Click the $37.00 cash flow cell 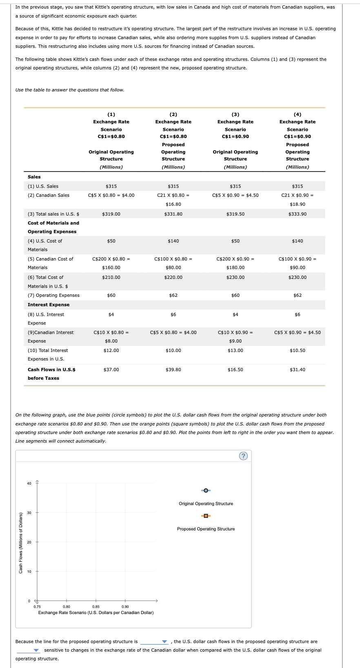(x=111, y=370)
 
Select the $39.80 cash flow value (x=173, y=370)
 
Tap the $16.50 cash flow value (x=235, y=370)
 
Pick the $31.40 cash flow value (x=297, y=370)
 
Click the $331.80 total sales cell (x=173, y=214)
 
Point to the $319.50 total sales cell (x=235, y=214)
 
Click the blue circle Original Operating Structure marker (x=206, y=490)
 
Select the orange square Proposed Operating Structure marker (x=206, y=516)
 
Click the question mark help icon (x=243, y=456)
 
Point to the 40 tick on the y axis (x=29, y=483)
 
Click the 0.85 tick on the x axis (x=96, y=607)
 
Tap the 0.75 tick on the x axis (x=37, y=607)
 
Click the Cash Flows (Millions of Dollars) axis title (x=21, y=542)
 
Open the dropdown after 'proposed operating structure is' (x=154, y=641)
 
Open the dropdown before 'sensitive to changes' (x=28, y=650)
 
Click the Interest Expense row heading (x=49, y=305)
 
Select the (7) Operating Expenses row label (x=53, y=295)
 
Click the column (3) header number (x=235, y=114)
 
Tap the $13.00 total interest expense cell (x=235, y=350)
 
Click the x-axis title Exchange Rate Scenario (x=96, y=612)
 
